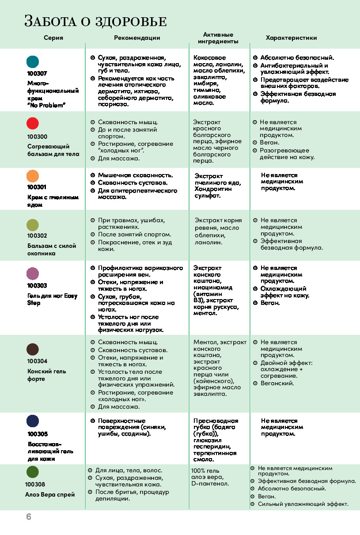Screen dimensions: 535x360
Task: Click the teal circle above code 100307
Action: pos(33,61)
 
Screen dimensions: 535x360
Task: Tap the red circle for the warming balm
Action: pos(33,123)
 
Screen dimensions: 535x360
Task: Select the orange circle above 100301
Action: pos(33,176)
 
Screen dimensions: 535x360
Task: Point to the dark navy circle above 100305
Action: pos(33,421)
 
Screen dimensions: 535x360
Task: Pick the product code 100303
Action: pos(37,286)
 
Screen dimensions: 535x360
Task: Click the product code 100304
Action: pos(37,361)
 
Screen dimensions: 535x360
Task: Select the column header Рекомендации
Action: pos(137,38)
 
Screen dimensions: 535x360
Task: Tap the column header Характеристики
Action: pos(291,38)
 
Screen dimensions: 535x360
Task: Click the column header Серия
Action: pos(53,38)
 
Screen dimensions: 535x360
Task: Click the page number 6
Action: pos(29,517)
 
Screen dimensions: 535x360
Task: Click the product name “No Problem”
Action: pos(46,105)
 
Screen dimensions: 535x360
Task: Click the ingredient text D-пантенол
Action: pos(210,484)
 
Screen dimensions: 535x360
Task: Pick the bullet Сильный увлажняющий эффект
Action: pos(303,504)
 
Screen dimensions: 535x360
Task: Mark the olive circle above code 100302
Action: pos(33,225)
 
